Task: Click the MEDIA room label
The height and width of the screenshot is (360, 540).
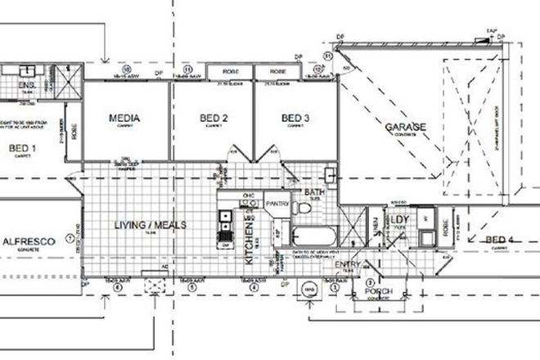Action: coord(124,119)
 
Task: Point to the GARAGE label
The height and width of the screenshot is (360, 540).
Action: coord(407,128)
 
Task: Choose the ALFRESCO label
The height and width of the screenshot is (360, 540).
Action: coord(28,242)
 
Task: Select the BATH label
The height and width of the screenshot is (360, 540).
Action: coord(314,194)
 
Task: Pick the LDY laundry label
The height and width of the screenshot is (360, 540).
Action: coord(400,221)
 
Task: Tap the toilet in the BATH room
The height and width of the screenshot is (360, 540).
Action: coord(331,175)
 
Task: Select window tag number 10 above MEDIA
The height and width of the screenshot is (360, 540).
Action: coord(128,69)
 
